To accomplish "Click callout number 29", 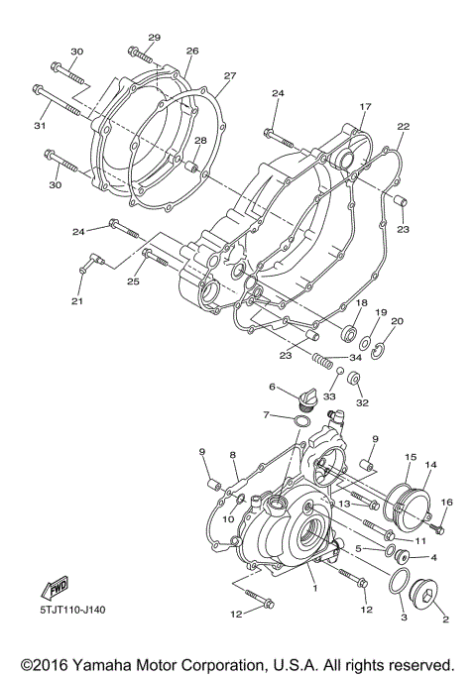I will [x=154, y=38].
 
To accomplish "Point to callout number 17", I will [x=365, y=107].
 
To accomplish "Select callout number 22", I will [x=403, y=127].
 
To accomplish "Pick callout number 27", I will [x=230, y=75].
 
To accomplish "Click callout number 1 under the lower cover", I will [x=315, y=588].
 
